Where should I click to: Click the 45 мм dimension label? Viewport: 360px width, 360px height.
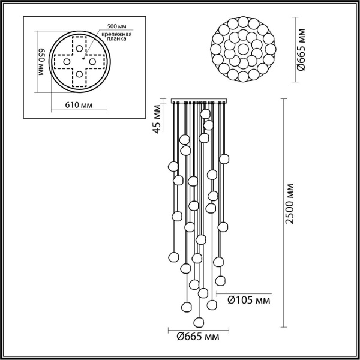click(157, 120)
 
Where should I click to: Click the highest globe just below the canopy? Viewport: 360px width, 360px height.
click(206, 113)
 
